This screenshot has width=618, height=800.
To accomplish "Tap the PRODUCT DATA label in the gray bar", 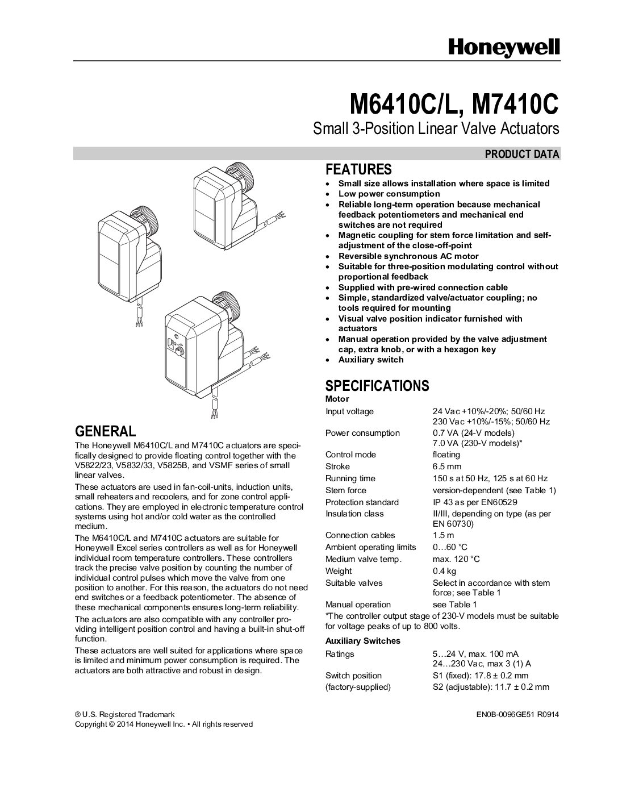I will (522, 154).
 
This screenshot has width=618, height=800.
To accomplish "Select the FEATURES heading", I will (358, 169).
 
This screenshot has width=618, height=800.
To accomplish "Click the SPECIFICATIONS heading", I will (377, 386).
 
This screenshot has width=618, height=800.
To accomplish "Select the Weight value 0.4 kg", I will (445, 571).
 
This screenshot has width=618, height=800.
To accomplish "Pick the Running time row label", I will (350, 478).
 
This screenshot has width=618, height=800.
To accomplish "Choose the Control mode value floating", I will (446, 455).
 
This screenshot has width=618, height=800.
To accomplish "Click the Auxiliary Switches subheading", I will (362, 641).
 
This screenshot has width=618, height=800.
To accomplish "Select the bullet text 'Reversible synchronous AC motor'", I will (408, 256).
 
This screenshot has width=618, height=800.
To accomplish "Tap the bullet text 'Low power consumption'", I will (389, 194).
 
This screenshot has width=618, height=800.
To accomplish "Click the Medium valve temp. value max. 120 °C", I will (456, 559).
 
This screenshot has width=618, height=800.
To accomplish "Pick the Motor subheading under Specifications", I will (337, 399).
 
